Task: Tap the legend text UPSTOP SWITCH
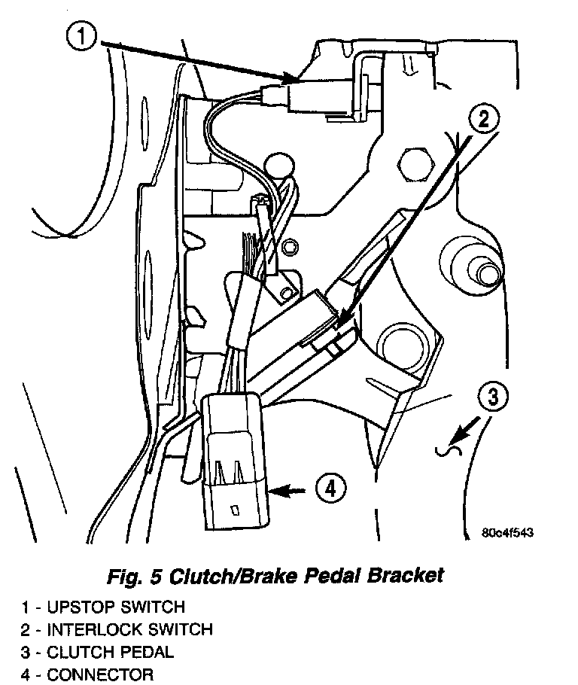click(116, 607)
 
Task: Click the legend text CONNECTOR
click(100, 674)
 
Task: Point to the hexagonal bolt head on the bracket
click(412, 161)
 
